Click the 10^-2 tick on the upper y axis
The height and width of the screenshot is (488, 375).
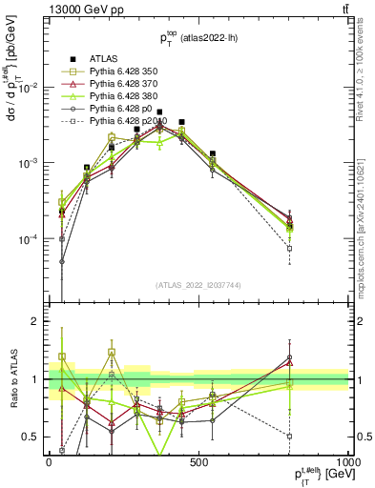30,88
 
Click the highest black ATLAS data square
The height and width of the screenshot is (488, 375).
159,112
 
